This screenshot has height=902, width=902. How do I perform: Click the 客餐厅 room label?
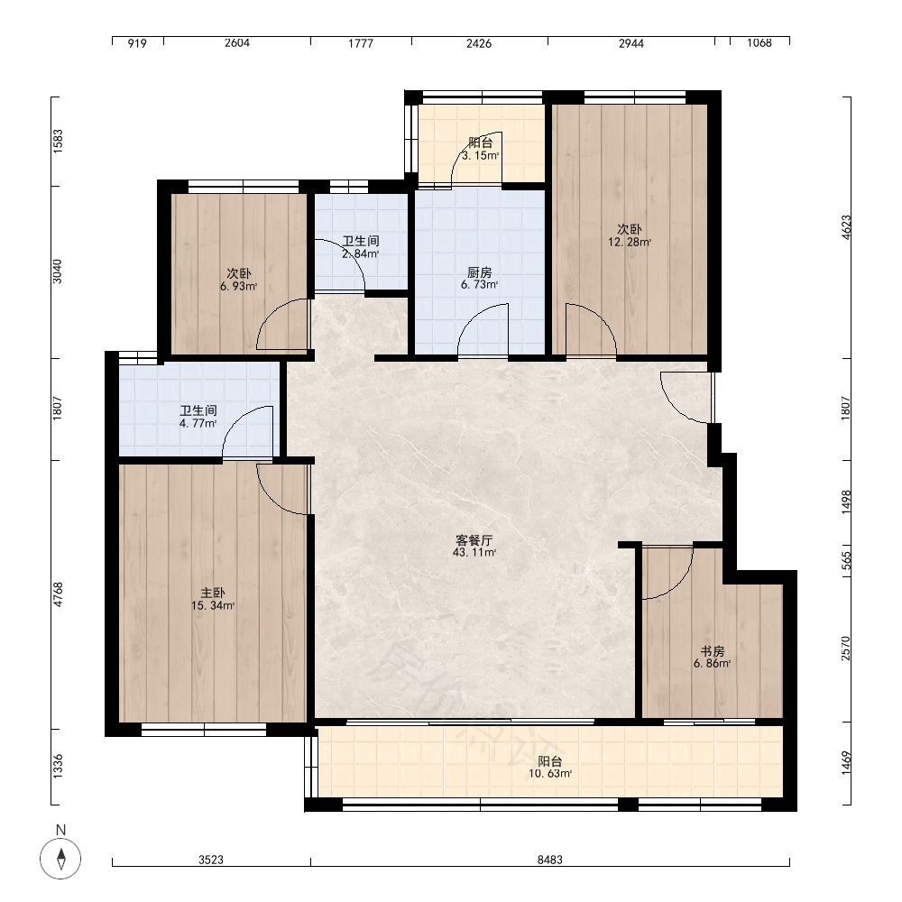474,540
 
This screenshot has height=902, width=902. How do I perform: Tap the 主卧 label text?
212,594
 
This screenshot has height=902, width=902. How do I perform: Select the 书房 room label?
713,652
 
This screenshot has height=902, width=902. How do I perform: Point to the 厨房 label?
479,272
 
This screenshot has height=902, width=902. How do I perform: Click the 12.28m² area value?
630,242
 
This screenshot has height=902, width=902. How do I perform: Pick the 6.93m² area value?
238,286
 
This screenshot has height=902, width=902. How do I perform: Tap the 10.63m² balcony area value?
550,774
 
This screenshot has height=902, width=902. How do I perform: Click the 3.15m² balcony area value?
480,155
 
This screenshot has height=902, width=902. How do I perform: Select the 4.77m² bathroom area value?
198,423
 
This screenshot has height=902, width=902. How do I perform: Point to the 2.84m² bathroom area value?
361,253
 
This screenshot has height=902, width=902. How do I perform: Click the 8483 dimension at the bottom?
550,860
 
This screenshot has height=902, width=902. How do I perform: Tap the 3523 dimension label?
211,860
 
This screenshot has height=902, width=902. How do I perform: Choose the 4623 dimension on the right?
846,228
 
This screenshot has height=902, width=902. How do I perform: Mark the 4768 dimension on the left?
58,594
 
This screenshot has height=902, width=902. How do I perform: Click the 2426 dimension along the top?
479,43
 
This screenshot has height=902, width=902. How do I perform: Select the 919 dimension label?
137,43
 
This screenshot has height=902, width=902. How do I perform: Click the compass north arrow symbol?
60,859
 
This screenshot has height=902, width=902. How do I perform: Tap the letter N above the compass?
60,830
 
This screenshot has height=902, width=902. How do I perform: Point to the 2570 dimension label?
846,648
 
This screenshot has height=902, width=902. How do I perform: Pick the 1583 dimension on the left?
58,141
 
